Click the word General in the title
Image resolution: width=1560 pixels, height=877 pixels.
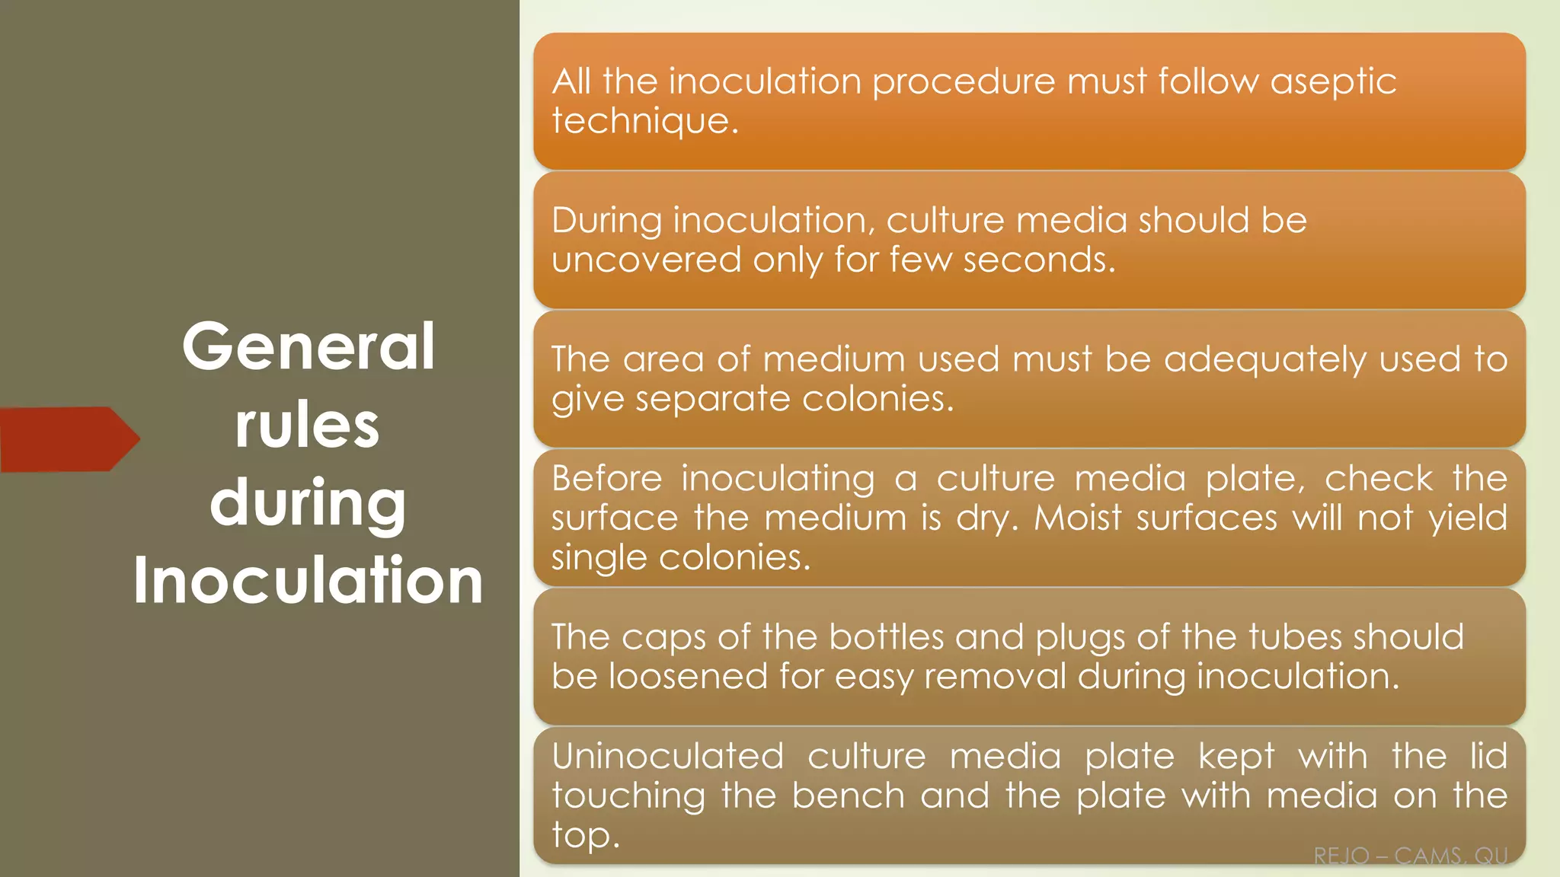point(308,346)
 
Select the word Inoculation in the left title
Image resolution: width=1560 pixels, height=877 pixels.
point(308,581)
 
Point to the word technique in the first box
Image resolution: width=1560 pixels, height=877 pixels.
point(644,121)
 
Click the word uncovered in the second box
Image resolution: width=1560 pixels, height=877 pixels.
point(646,260)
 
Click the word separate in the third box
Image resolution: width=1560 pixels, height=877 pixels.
point(713,399)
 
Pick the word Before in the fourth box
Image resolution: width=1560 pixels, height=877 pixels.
point(607,479)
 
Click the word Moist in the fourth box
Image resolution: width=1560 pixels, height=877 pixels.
point(1077,518)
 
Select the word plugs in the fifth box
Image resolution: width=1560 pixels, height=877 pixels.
point(1080,637)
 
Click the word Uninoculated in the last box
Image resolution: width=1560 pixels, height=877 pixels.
point(668,757)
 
